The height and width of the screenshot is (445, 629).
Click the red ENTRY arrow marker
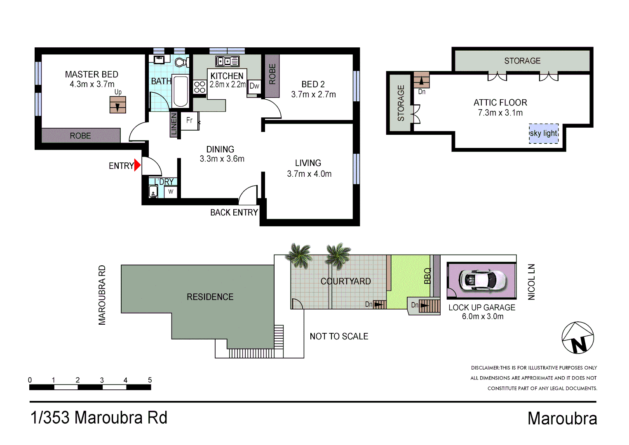pyautogui.click(x=137, y=165)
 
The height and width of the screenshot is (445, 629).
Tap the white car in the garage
pyautogui.click(x=482, y=280)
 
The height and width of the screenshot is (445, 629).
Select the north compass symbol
pyautogui.click(x=578, y=338)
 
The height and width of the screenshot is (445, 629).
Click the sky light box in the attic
pyautogui.click(x=544, y=133)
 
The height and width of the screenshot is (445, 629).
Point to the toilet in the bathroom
pyautogui.click(x=181, y=62)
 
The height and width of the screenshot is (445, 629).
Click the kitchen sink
pyautogui.click(x=228, y=61)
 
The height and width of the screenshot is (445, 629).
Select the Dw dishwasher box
pyautogui.click(x=254, y=86)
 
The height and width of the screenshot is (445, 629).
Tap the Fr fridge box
pyautogui.click(x=190, y=121)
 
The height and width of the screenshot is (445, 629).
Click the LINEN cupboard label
pyautogui.click(x=174, y=124)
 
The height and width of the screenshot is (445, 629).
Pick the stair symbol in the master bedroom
pyautogui.click(x=118, y=105)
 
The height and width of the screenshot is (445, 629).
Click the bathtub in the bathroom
pyautogui.click(x=181, y=91)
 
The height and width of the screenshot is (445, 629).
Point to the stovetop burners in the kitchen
pyautogui.click(x=199, y=87)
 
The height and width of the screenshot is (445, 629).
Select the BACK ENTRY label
pyautogui.click(x=234, y=213)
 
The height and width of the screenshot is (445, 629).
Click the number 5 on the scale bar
pyautogui.click(x=150, y=380)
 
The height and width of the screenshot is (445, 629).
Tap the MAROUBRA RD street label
pyautogui.click(x=102, y=295)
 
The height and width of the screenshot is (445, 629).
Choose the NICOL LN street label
pyautogui.click(x=531, y=282)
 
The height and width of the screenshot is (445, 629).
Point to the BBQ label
pyautogui.click(x=427, y=276)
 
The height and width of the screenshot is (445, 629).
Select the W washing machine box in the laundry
pyautogui.click(x=171, y=192)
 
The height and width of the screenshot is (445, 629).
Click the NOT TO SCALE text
pyautogui.click(x=339, y=337)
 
